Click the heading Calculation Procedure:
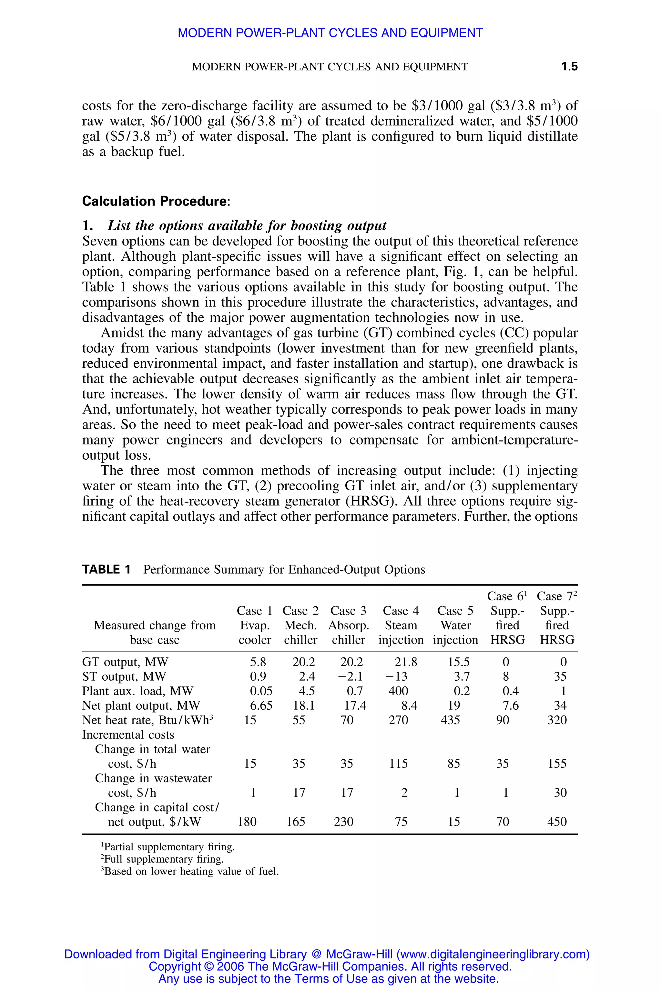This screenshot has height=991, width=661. (x=156, y=201)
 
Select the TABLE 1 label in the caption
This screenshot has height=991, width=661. (x=106, y=570)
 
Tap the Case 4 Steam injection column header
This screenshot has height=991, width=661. (x=401, y=625)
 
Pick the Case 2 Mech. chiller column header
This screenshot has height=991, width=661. (x=300, y=625)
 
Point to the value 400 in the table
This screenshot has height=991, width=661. (x=398, y=691)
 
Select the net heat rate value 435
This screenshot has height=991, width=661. (x=450, y=720)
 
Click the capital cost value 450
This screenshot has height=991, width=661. (x=556, y=822)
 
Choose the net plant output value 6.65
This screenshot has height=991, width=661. (x=261, y=706)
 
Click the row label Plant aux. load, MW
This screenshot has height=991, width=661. (x=137, y=691)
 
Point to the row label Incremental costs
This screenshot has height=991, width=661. (x=128, y=735)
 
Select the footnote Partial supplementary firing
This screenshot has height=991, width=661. (x=168, y=847)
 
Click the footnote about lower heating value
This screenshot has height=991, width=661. (x=190, y=871)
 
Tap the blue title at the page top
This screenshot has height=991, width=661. (x=330, y=33)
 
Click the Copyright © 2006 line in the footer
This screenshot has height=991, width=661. (x=330, y=966)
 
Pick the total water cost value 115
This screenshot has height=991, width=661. (x=398, y=764)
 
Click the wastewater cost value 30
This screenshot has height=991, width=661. (x=560, y=793)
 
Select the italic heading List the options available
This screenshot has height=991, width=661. (x=247, y=226)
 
